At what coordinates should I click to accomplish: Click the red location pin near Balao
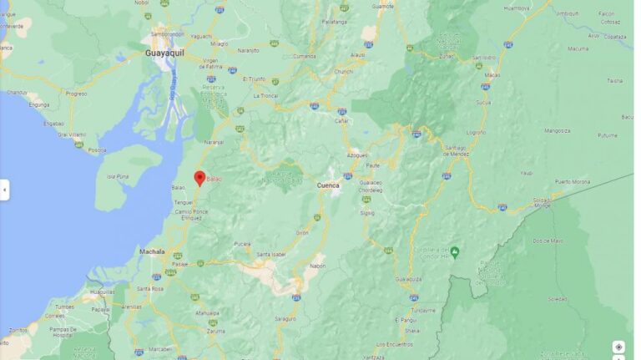click(199, 178)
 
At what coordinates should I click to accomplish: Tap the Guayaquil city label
click(164, 53)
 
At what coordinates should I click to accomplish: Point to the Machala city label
click(152, 251)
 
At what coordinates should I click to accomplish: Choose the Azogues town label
click(357, 155)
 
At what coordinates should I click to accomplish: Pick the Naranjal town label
click(214, 142)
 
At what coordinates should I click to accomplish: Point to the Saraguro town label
click(285, 318)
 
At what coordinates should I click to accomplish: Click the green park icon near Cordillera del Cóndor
click(454, 251)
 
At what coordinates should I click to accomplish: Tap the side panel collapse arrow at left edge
click(4, 190)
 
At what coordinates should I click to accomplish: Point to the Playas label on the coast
click(72, 134)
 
